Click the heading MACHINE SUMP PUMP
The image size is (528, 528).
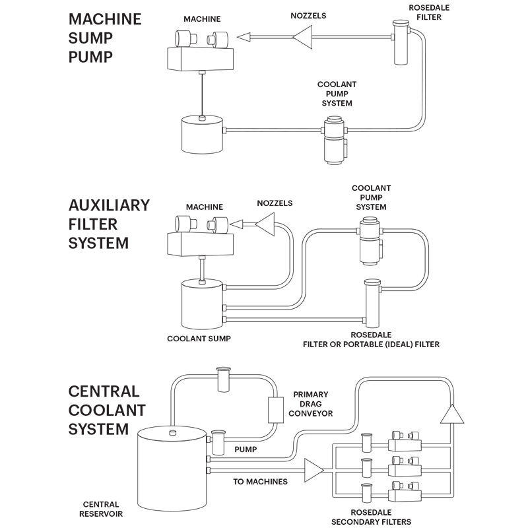coord(104,38)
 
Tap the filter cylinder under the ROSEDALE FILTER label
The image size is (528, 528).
coord(401,42)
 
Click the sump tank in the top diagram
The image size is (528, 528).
coord(202,134)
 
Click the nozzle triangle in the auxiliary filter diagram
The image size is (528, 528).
coord(265,226)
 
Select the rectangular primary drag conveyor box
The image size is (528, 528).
coord(275,411)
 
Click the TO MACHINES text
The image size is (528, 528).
coord(261,482)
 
